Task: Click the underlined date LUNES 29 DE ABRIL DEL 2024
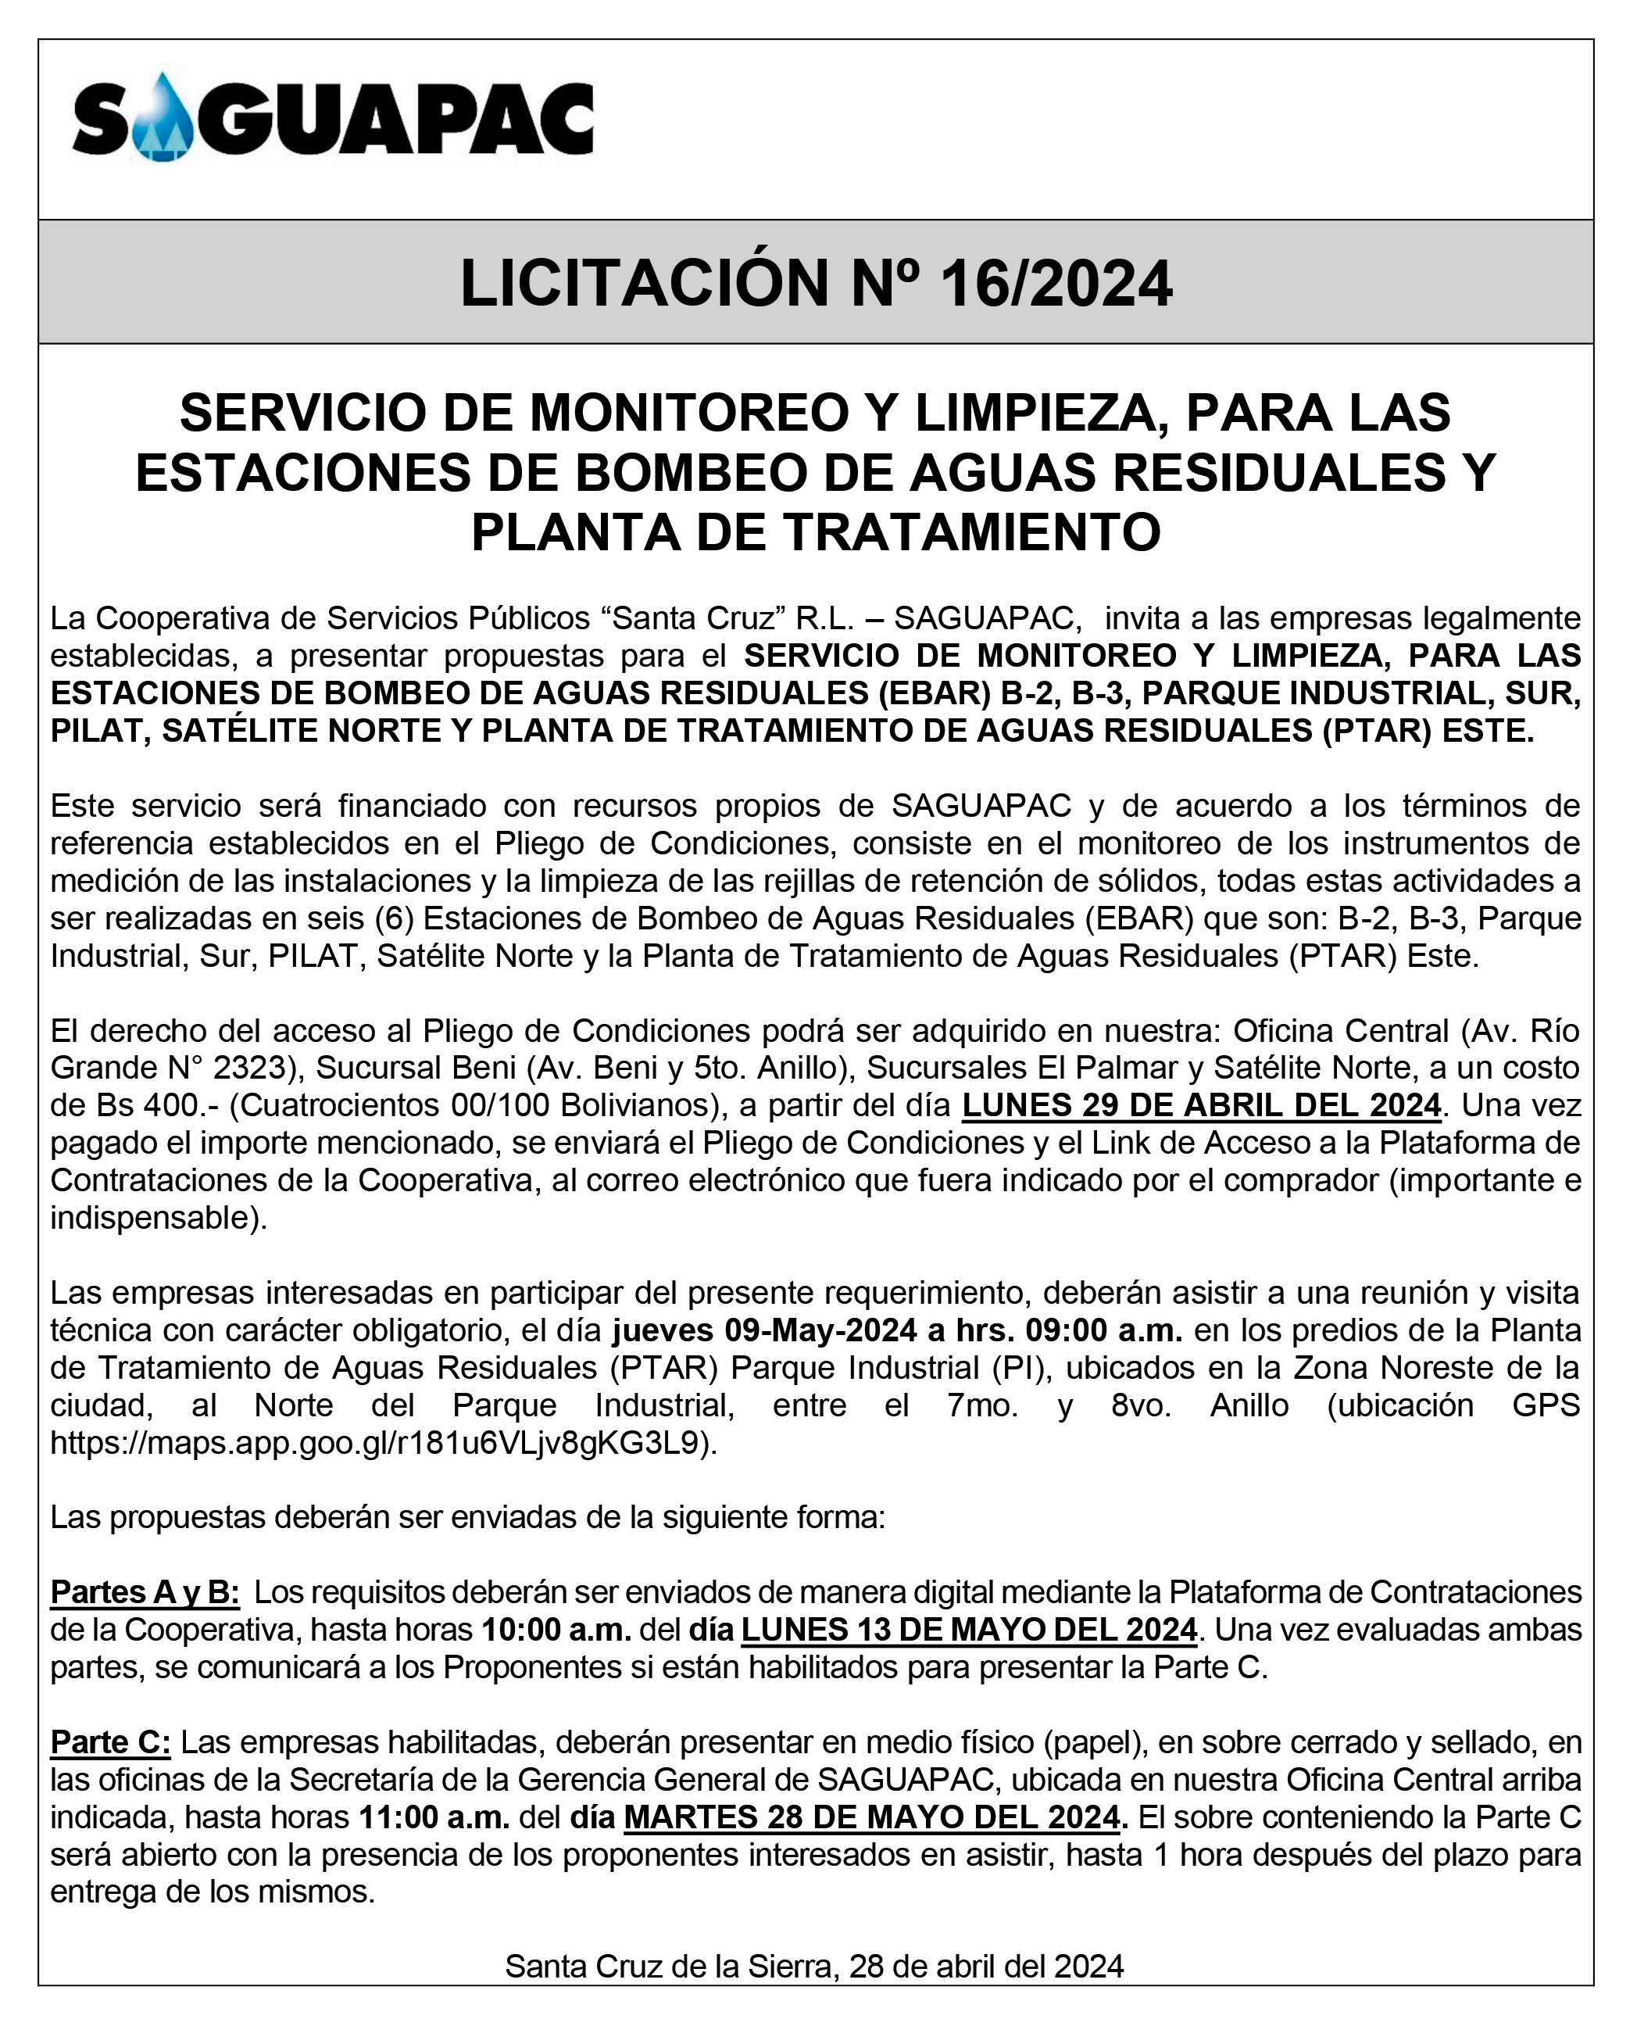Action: tap(1201, 1104)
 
